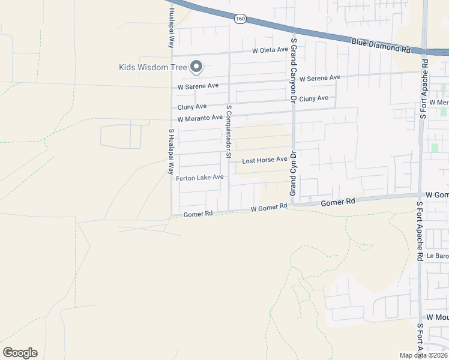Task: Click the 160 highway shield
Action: click(x=240, y=19)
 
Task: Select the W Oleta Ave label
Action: click(x=270, y=50)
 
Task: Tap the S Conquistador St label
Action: click(x=229, y=131)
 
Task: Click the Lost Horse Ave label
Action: click(x=265, y=161)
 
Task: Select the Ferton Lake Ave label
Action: click(x=199, y=178)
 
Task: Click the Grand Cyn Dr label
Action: click(x=294, y=173)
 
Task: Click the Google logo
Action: click(x=20, y=353)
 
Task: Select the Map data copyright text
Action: click(x=423, y=355)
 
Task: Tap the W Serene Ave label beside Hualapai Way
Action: click(x=198, y=86)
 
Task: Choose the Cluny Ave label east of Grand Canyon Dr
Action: click(x=314, y=98)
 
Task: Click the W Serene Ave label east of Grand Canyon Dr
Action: click(x=320, y=78)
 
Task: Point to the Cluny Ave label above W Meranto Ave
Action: click(x=191, y=107)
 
